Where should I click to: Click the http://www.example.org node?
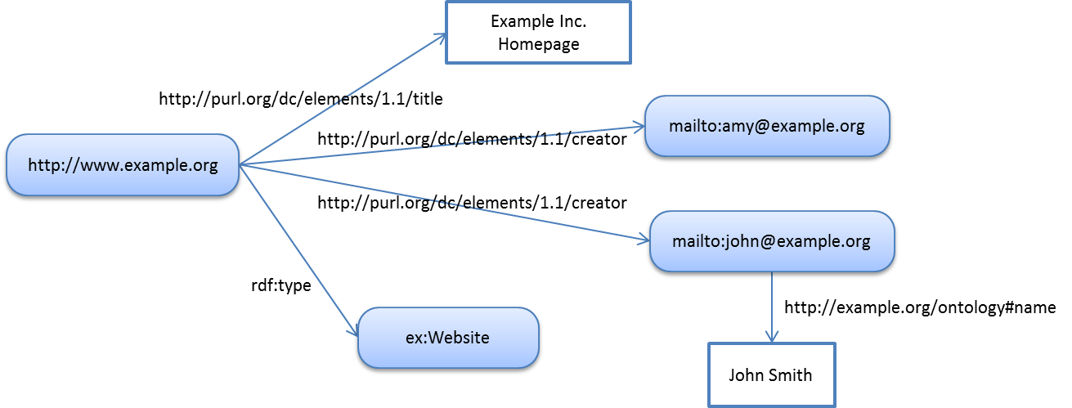(123, 166)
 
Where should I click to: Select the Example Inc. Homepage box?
(538, 33)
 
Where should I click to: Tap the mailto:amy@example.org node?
(766, 126)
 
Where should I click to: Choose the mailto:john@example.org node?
(771, 242)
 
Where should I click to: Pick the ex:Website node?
(448, 338)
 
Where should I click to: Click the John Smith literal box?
(771, 375)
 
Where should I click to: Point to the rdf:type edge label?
(280, 287)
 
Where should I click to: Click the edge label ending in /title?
(300, 100)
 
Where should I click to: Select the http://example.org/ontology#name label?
(920, 308)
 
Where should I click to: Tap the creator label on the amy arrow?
(472, 140)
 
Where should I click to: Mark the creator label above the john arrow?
(472, 202)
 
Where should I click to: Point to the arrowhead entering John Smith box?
(771, 336)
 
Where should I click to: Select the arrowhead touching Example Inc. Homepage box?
(439, 37)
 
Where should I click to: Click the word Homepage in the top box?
(538, 44)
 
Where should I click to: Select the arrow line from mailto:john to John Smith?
(771, 303)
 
